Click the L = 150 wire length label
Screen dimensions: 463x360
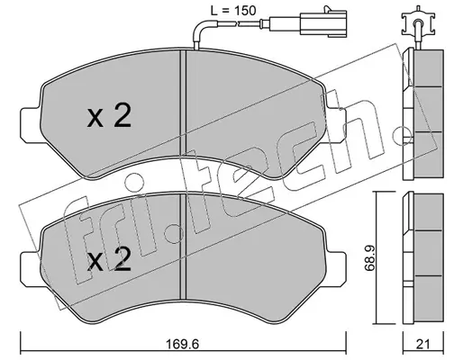coord(232,11)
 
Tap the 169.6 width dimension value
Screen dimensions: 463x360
coord(184,344)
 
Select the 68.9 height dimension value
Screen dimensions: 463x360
coord(369,257)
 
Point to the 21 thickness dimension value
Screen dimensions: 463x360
coord(423,344)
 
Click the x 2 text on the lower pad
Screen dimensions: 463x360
coord(109,259)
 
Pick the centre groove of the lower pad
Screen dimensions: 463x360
coord(183,246)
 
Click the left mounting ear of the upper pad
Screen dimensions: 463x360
coord(31,124)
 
